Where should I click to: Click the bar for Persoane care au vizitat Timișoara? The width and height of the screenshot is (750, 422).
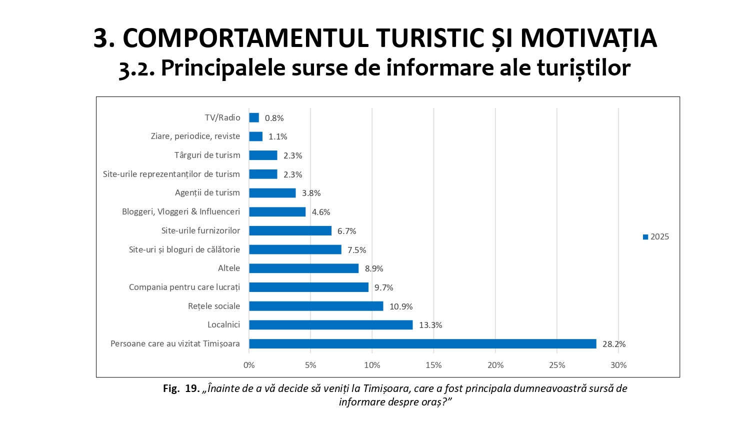pos(422,343)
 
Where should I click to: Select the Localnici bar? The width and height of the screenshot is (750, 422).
pos(330,325)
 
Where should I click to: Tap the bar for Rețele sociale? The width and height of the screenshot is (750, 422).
pos(316,306)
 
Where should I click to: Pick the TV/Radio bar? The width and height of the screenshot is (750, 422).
pos(254,117)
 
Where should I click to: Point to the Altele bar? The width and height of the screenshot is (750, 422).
pos(303,268)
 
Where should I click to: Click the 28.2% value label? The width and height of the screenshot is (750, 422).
pos(614,344)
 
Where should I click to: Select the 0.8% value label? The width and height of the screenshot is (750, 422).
pos(274,118)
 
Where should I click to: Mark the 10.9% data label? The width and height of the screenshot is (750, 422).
pos(401,306)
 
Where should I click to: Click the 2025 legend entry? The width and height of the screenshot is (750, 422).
pos(656,237)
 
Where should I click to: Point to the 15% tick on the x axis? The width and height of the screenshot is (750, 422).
pos(433,365)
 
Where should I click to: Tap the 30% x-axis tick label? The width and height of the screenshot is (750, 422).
pos(618,365)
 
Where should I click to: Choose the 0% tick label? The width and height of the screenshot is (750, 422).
pos(249,365)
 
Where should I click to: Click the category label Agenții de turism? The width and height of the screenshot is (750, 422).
pos(207,192)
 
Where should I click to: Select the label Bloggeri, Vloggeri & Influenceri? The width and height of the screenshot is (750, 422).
pos(181,211)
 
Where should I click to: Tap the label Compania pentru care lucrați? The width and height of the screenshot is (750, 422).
pos(184,287)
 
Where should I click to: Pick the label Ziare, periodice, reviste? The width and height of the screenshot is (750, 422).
pos(195,136)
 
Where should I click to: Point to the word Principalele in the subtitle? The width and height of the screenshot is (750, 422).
pos(223,67)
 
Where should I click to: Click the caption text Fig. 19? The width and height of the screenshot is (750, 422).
pos(181,388)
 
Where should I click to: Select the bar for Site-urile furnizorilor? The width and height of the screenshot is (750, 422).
pos(290,230)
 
